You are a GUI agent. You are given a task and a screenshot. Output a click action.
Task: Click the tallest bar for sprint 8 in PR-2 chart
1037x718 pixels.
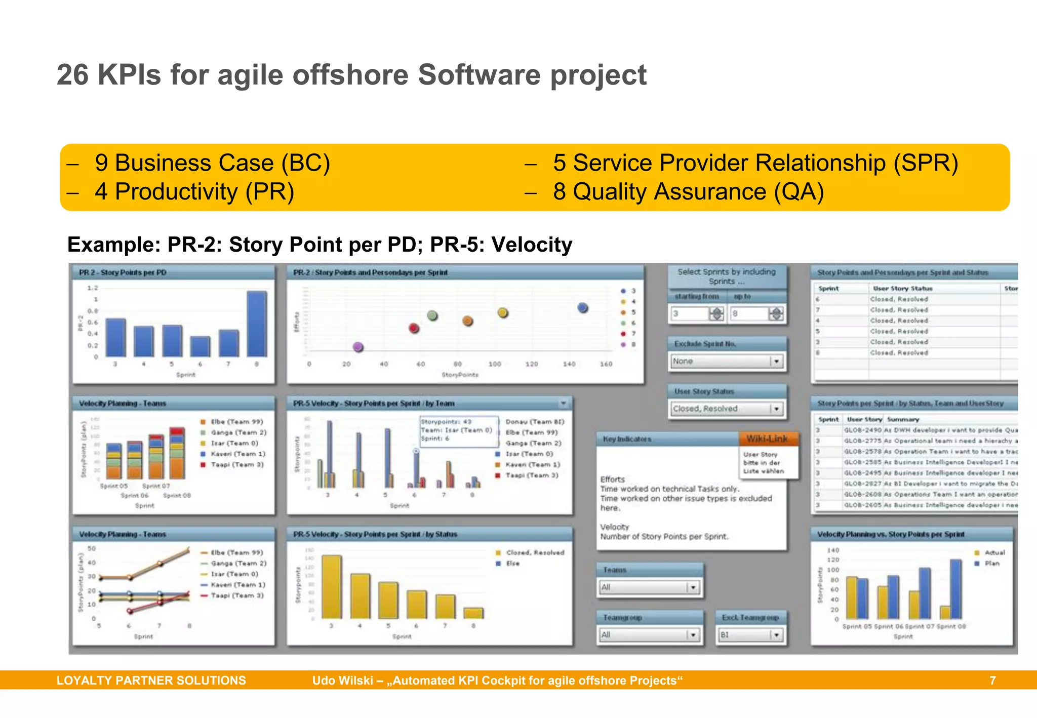[x=257, y=324]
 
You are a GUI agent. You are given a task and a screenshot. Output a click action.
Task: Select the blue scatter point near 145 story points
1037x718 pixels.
[x=583, y=307]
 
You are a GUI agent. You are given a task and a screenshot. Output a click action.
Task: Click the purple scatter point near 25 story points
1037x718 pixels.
[x=358, y=347]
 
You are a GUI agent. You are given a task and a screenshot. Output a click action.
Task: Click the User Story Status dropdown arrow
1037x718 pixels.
[x=776, y=409]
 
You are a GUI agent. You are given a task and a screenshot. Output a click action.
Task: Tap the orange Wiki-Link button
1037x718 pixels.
[x=767, y=439]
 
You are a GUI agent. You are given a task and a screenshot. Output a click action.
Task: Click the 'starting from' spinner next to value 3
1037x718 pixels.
[x=716, y=313]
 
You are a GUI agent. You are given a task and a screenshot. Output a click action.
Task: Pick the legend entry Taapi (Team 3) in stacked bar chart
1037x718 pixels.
[x=236, y=464]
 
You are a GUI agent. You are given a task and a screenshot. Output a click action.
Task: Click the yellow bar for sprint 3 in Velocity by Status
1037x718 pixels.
[x=332, y=586]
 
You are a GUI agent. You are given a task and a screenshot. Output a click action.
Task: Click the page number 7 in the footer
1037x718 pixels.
[x=992, y=681]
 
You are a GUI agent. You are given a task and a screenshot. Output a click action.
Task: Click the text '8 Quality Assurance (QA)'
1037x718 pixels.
[x=688, y=192]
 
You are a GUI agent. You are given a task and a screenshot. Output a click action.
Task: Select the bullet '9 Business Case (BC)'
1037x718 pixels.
[x=212, y=163]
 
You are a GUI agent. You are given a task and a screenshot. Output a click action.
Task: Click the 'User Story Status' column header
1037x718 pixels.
[x=902, y=288]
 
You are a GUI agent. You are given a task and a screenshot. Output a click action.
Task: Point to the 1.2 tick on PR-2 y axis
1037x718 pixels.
[x=93, y=288]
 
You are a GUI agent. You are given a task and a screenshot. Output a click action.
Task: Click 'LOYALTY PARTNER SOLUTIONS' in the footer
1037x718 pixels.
[x=151, y=681]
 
